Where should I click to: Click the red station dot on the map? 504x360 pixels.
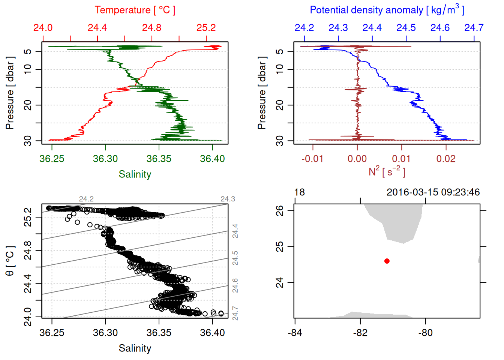click(x=387, y=261)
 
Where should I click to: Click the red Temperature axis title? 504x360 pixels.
click(x=135, y=10)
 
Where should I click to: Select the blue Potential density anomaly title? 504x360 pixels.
click(x=387, y=10)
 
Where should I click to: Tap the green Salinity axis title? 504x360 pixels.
click(x=135, y=174)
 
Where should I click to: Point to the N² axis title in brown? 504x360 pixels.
click(x=387, y=171)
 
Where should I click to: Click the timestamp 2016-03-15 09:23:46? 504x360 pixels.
click(x=433, y=192)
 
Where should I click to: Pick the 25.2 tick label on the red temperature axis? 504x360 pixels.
click(x=206, y=28)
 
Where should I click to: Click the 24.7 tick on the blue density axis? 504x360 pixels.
click(x=474, y=28)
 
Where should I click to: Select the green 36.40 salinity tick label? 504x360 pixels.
click(x=212, y=159)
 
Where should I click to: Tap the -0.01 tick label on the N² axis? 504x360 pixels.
click(x=312, y=159)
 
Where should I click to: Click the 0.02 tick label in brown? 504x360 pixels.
click(x=446, y=159)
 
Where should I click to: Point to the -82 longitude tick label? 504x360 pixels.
click(x=360, y=333)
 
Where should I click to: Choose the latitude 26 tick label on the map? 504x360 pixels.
click(x=280, y=211)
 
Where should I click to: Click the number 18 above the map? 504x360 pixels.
click(x=299, y=192)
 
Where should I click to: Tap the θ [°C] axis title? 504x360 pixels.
click(x=10, y=261)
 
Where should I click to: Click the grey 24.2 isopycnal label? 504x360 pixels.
click(x=86, y=199)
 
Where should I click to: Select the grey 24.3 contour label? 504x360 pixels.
click(x=228, y=199)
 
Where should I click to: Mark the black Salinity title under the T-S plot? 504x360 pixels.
click(x=135, y=348)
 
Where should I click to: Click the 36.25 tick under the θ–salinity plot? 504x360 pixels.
click(x=52, y=333)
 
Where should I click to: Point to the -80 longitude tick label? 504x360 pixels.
click(x=425, y=333)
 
